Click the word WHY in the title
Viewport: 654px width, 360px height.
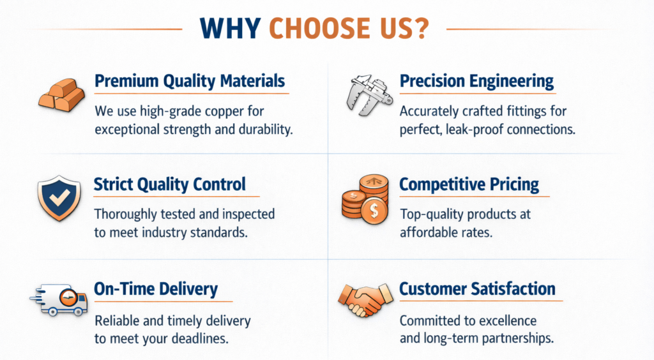(230, 28)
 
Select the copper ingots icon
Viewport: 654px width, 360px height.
(62, 96)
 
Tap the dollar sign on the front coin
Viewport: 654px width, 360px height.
(374, 211)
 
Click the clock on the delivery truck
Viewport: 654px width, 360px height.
(68, 297)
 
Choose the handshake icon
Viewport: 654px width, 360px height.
(365, 299)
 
